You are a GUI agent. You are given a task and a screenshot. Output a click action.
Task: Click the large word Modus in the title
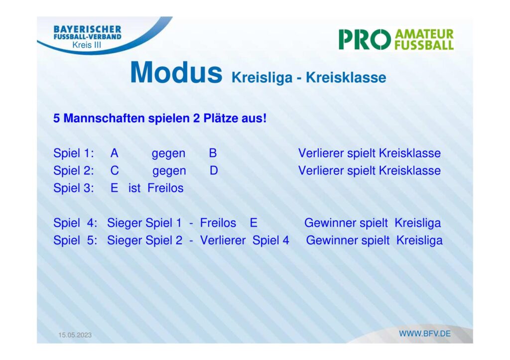pos(176,72)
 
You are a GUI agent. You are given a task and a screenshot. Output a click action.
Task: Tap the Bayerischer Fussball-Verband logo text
pos(88,33)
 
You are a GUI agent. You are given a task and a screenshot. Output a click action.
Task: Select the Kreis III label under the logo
pos(87,45)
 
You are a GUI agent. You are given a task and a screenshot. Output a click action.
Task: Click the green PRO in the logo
pos(365,40)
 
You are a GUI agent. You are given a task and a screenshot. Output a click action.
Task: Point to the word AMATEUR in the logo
pos(424,34)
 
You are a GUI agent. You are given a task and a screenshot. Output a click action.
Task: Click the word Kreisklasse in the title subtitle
pos(346,78)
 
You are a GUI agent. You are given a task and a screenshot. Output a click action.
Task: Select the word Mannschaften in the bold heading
pos(104,118)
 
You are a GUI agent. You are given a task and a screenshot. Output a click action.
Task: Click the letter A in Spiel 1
pos(114,153)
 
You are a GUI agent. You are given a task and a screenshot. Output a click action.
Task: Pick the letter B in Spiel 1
pos(213,153)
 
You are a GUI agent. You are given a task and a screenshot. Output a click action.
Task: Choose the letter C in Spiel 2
pos(115,170)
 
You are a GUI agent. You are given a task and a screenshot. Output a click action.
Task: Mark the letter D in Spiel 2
pos(214,170)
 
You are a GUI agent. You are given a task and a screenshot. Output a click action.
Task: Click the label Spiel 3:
pos(74,188)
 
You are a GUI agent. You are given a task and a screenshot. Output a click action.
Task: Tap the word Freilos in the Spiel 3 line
pos(165,188)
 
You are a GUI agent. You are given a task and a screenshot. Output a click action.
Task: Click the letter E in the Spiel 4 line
pos(254,223)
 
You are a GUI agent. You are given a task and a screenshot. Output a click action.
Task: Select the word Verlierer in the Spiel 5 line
pos(223,240)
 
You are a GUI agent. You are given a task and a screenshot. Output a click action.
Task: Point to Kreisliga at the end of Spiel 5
pos(419,240)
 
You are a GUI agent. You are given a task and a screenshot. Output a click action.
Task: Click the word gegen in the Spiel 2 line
pos(169,171)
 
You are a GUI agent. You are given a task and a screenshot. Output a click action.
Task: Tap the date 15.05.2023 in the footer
pos(75,335)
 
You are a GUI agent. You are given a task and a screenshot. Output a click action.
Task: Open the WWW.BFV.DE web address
pos(425,334)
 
